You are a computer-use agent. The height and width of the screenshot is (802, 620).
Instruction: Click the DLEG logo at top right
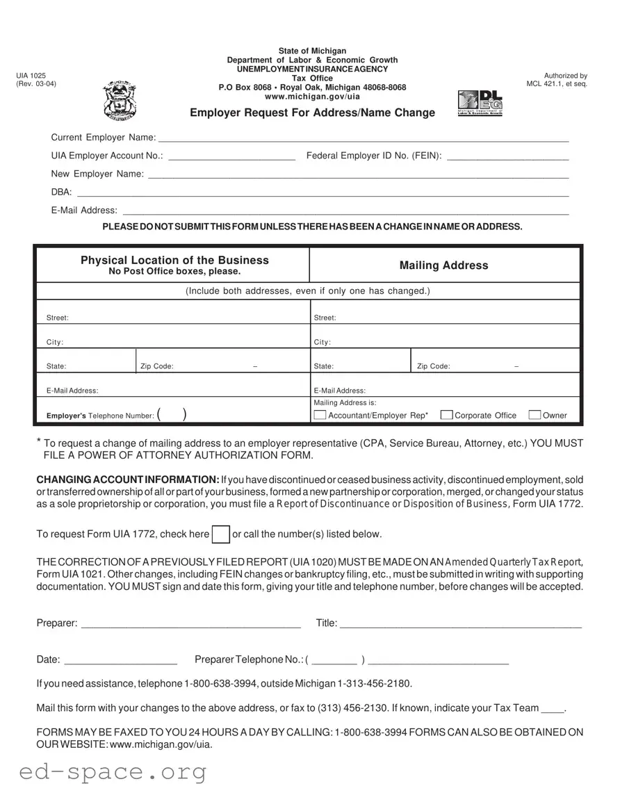[x=480, y=104]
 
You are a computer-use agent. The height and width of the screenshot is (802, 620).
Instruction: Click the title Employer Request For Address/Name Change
[x=312, y=113]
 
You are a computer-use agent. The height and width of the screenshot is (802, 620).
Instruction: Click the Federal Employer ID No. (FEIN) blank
[x=507, y=156]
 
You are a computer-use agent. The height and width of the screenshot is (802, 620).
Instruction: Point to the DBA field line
[x=323, y=193]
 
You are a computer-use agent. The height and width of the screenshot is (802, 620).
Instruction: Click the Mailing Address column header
[x=443, y=265]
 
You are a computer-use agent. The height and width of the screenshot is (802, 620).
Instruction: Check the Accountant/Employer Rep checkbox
[x=320, y=416]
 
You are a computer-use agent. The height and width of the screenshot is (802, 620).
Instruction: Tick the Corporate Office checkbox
[x=447, y=416]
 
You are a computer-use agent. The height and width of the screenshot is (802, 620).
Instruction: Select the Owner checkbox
[x=535, y=416]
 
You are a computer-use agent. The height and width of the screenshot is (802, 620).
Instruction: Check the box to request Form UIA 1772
[x=220, y=534]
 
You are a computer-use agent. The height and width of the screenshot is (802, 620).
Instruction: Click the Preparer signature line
[x=191, y=624]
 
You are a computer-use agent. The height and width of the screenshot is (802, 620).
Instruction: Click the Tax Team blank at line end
[x=553, y=709]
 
